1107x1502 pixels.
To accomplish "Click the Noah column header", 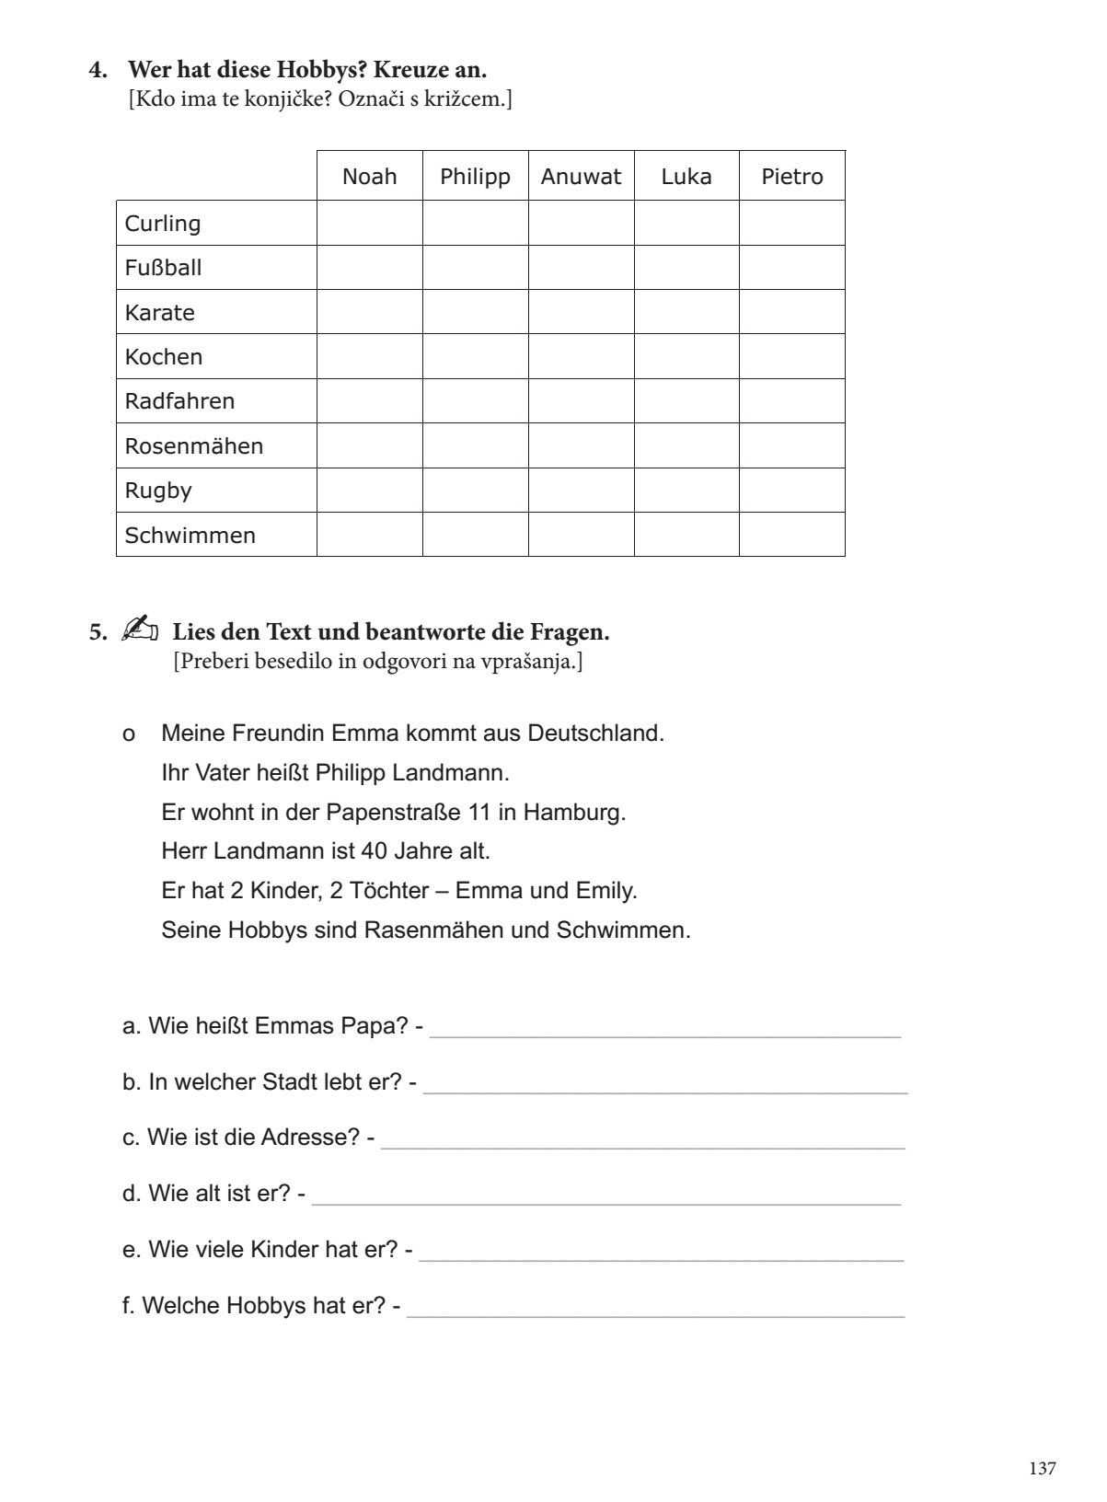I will (369, 177).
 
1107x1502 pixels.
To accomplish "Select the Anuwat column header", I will (581, 177).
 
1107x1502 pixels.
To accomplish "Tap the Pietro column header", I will (791, 177).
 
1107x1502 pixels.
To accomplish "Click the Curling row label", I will (163, 224).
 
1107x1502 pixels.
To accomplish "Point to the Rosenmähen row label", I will (194, 446).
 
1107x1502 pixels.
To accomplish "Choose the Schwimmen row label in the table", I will (190, 536).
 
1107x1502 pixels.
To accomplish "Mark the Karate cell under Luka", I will (686, 312).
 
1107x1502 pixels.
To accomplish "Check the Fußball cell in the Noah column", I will (369, 268).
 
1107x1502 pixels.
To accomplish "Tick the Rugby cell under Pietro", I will (791, 491).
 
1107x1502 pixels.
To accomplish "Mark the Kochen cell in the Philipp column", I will (475, 357).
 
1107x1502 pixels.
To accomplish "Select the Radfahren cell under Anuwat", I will (581, 401).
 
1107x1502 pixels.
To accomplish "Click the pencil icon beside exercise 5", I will (139, 631).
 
